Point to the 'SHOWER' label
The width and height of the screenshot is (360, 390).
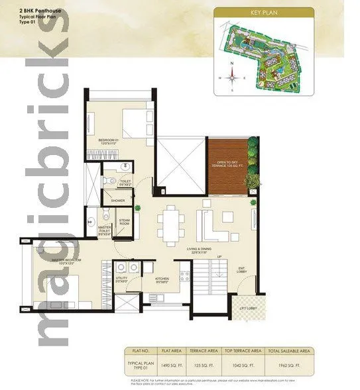[x=118, y=200]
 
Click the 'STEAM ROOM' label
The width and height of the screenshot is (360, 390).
[x=124, y=222]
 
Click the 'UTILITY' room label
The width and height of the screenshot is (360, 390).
[x=122, y=279]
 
